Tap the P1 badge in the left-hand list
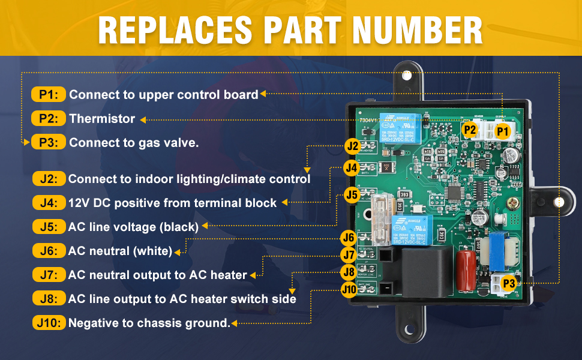(48, 94)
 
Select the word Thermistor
(102, 119)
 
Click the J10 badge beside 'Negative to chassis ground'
(48, 323)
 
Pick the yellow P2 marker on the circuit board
(470, 129)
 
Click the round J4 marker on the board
(352, 169)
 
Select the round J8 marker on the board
(349, 272)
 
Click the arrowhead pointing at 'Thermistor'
(143, 119)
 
